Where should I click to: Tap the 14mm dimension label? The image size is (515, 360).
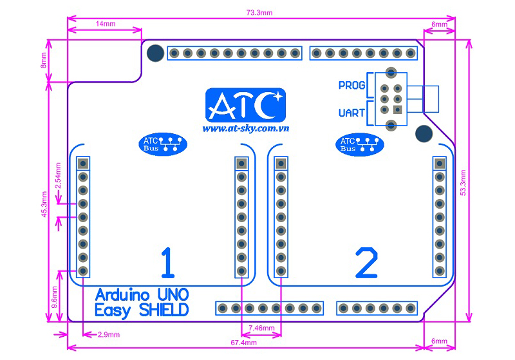106,23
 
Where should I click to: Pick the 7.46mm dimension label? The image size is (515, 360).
261,328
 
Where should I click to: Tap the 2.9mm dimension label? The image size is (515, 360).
107,336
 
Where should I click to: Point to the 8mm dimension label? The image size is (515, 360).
43,61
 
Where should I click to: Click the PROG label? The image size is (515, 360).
351,86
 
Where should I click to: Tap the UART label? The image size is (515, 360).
351,113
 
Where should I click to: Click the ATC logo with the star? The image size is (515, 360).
245,105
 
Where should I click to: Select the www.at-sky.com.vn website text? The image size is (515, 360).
245,128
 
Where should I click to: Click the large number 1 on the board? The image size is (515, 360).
167,262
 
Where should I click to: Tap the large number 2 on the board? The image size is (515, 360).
366,263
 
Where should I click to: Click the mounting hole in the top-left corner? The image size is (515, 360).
154,53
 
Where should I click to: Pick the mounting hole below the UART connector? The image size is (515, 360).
424,134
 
